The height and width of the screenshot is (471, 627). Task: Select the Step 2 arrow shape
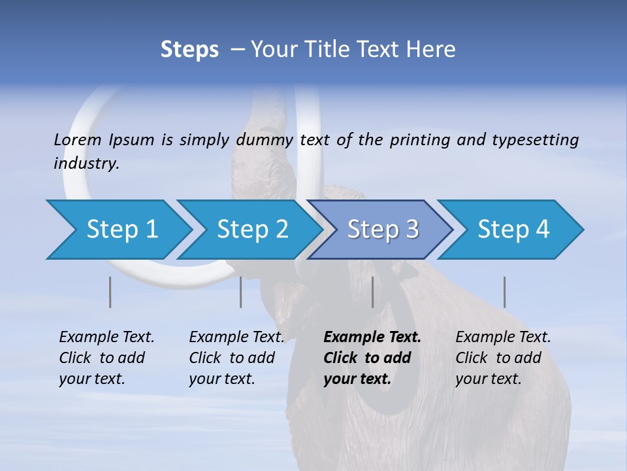tap(251, 230)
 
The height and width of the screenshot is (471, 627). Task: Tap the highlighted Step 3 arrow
tap(382, 230)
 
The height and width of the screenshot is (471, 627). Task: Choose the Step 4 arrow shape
tap(513, 230)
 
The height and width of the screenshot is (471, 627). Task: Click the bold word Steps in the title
tap(189, 50)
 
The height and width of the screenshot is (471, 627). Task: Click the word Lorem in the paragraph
tap(78, 139)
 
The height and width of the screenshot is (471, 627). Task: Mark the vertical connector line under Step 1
tap(110, 292)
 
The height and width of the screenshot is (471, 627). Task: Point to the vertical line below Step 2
tap(241, 292)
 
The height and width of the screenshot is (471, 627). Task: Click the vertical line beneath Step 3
tap(372, 292)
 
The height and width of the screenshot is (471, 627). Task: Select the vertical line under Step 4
tap(504, 292)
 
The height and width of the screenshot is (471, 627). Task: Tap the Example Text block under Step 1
tap(106, 358)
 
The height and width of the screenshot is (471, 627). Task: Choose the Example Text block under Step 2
tap(236, 358)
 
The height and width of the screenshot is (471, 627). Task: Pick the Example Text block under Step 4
tap(502, 358)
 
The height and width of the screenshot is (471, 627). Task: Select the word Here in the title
tap(433, 50)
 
